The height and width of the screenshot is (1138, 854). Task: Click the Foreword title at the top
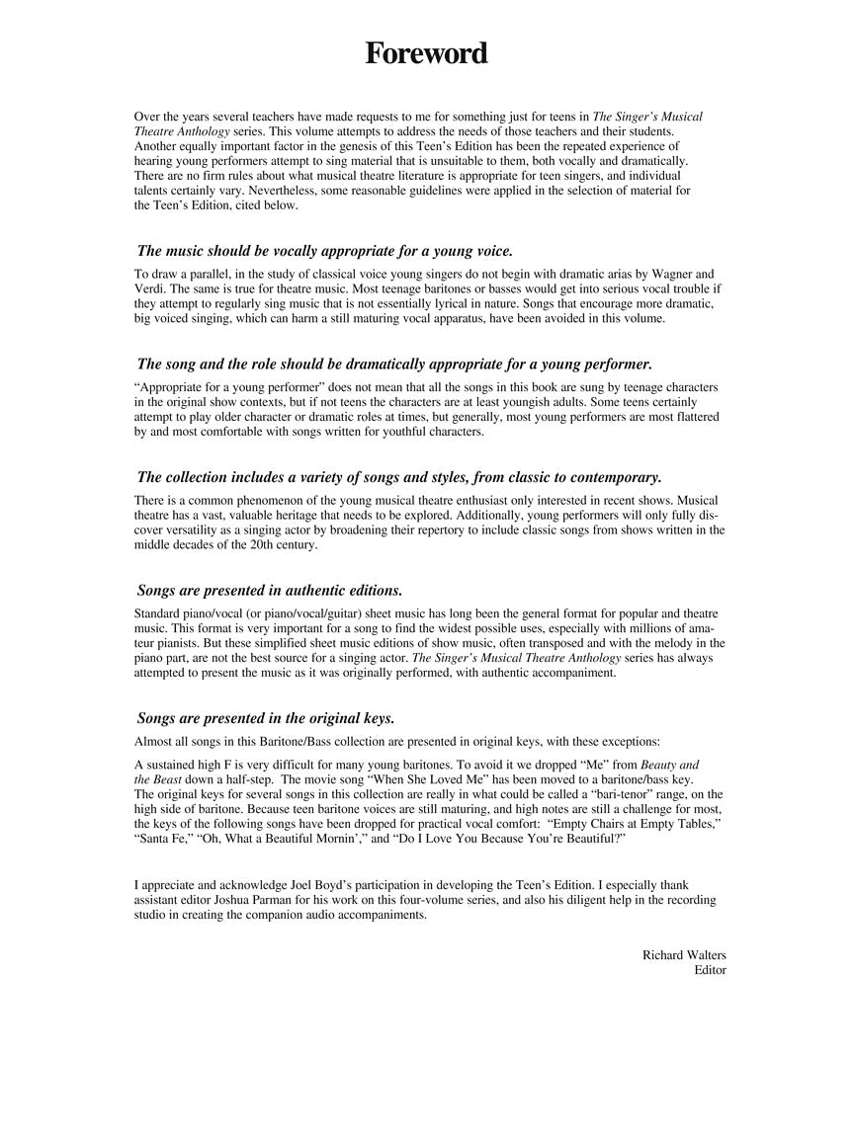pos(426,53)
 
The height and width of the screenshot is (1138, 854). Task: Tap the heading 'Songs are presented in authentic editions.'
pos(269,591)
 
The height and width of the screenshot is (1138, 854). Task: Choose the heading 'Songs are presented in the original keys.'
pos(265,718)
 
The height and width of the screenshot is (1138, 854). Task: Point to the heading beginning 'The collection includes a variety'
pos(398,477)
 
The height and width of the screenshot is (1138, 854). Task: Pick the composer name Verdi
pos(149,288)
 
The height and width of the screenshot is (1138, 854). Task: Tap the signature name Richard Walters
pos(684,955)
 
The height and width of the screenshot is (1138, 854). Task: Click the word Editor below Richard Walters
pos(710,970)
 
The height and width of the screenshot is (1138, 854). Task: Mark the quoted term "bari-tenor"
pos(588,794)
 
